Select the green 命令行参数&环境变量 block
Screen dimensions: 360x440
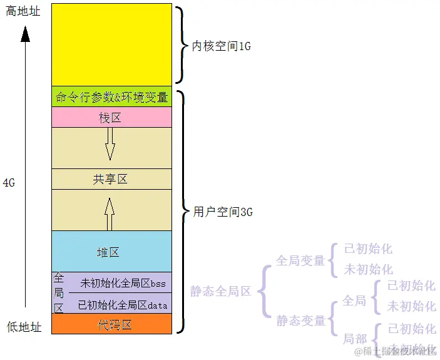111,97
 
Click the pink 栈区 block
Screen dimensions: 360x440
110,118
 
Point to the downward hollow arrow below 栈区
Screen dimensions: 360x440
110,144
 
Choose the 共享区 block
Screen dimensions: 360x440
110,179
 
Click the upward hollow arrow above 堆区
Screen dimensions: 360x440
110,214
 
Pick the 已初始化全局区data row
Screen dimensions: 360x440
123,305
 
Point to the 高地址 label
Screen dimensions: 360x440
23,11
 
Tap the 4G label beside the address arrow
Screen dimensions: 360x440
9,183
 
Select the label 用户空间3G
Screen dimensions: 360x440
223,212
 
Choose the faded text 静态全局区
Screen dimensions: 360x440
220,291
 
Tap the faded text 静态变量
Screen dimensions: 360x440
300,321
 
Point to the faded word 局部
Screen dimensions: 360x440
354,339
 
